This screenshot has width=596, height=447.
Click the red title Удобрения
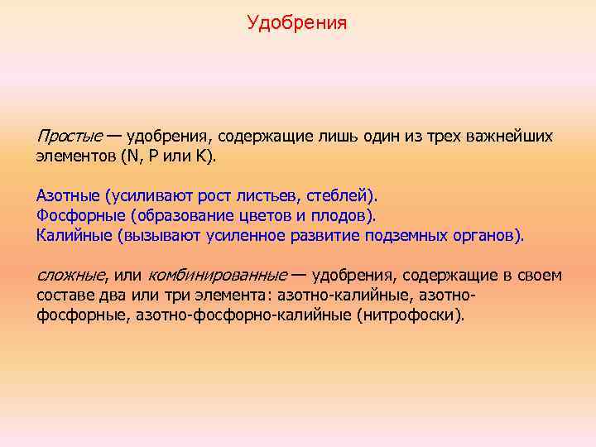click(x=297, y=22)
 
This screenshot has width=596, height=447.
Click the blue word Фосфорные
click(x=77, y=216)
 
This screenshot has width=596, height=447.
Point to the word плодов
click(x=339, y=216)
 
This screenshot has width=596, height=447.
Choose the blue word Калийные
click(x=74, y=236)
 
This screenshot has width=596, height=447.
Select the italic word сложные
click(x=71, y=275)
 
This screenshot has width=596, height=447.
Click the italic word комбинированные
click(x=217, y=275)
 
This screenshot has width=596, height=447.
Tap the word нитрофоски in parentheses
click(x=421, y=315)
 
